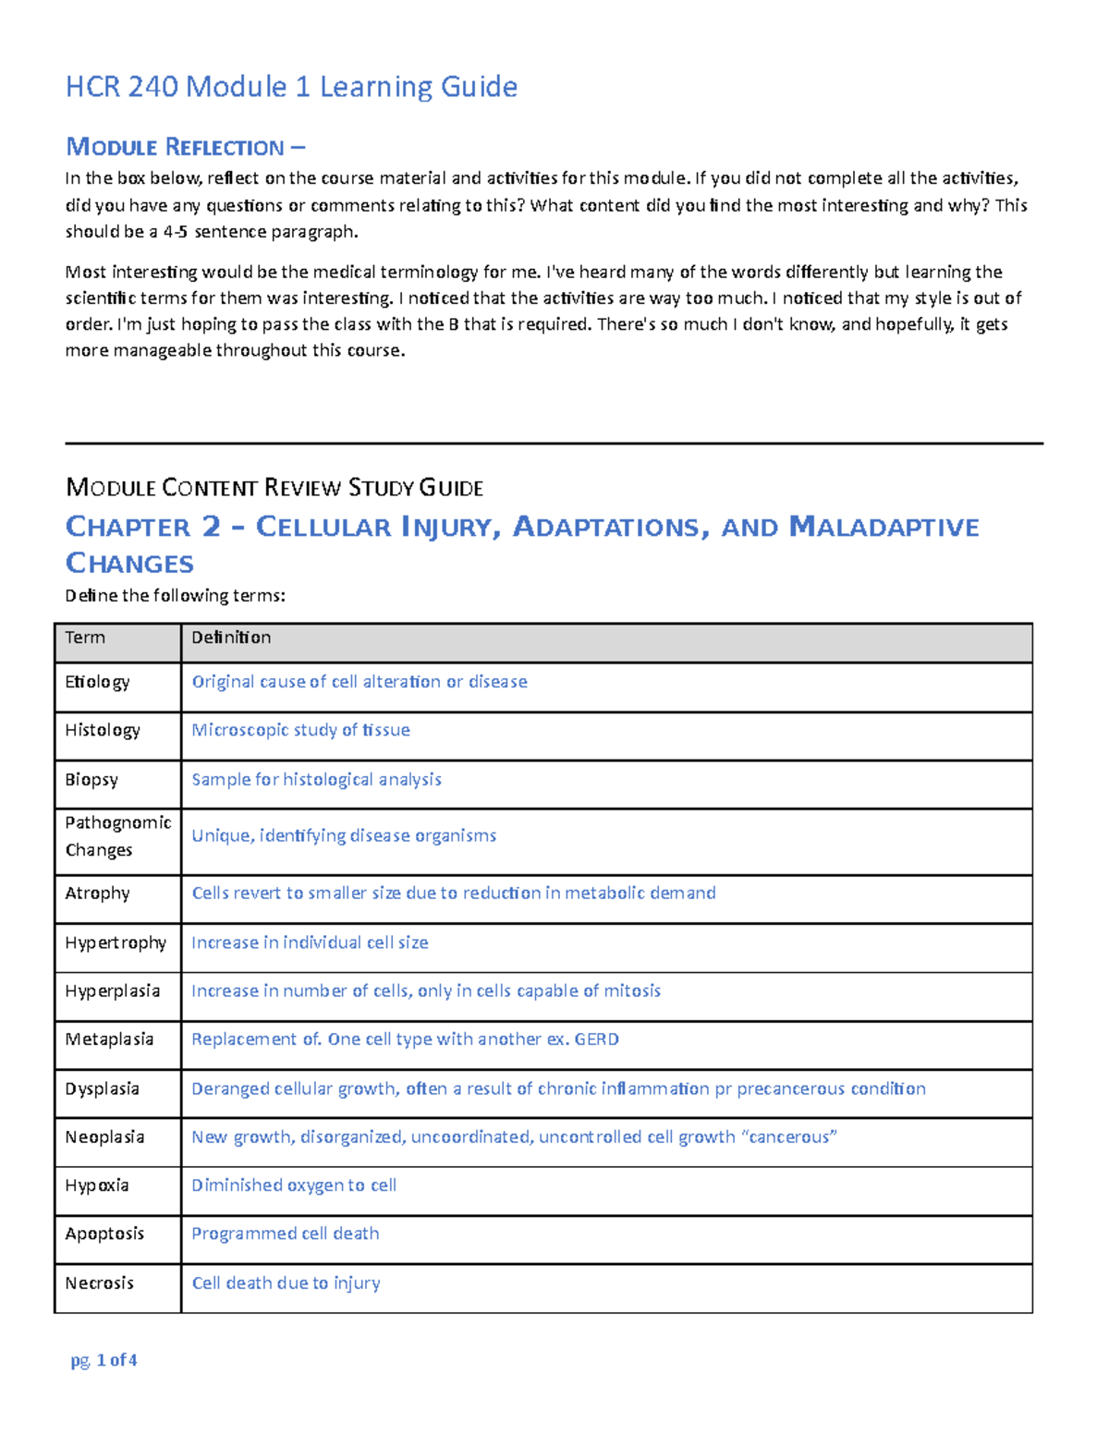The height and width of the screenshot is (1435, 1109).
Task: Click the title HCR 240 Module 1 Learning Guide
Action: coord(291,87)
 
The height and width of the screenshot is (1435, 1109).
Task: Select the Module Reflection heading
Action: coord(185,147)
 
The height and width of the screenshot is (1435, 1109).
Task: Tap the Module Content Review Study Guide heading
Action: coord(274,487)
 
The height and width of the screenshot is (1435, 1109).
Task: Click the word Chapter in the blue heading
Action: coord(128,527)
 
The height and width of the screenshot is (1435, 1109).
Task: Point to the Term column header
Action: coord(85,638)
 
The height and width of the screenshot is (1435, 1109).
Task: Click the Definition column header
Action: coord(231,638)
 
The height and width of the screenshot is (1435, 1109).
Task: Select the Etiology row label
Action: coord(97,682)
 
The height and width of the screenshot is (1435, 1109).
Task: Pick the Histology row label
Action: coord(103,730)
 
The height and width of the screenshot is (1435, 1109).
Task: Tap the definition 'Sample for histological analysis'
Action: coord(316,780)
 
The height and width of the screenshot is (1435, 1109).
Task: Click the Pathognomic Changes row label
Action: coord(117,836)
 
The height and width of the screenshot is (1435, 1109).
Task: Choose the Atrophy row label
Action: coord(97,894)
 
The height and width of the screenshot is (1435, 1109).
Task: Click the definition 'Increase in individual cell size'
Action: coord(310,942)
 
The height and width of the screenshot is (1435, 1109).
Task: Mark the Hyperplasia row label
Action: coord(112,991)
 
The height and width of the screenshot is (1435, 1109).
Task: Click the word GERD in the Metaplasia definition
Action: coord(596,1040)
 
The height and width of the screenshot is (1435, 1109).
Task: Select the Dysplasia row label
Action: coord(102,1088)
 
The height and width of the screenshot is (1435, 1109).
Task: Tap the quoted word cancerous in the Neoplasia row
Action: coord(789,1137)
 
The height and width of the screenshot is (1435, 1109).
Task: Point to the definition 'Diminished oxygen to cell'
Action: coord(294,1186)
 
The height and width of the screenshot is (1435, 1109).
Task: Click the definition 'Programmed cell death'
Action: coord(285,1234)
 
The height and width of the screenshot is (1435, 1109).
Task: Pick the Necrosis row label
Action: coord(99,1283)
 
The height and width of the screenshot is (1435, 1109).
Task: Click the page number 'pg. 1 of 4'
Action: coord(104,1360)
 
